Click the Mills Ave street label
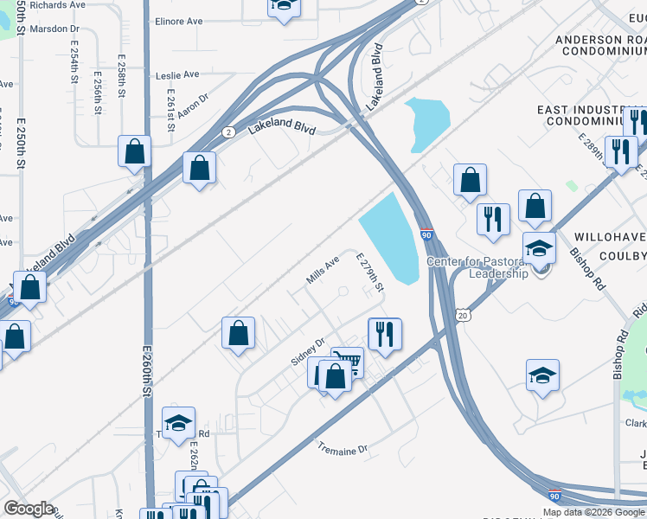tap(322, 272)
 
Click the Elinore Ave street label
tap(177, 22)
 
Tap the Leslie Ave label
tap(177, 75)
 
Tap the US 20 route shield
tap(466, 316)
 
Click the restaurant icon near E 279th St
tap(383, 333)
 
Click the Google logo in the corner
tap(29, 509)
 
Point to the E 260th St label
tap(146, 381)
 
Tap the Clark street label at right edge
tap(636, 424)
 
